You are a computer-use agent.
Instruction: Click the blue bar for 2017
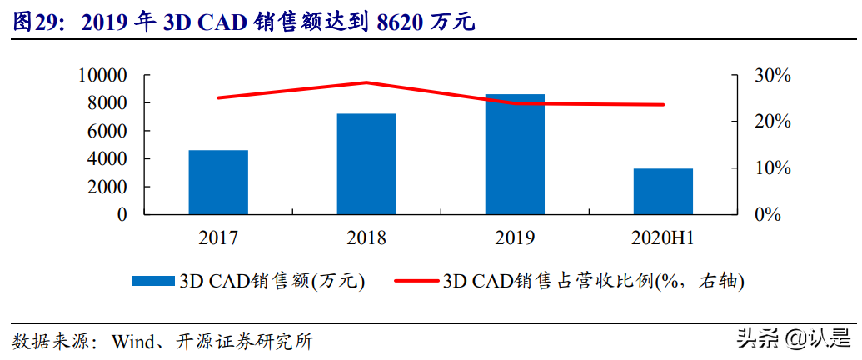click(x=218, y=182)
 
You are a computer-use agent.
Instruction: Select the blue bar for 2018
click(x=366, y=163)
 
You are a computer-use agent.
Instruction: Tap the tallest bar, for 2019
click(x=515, y=154)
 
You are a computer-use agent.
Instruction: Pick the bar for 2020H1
click(x=663, y=191)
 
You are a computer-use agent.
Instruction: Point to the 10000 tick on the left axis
click(x=102, y=76)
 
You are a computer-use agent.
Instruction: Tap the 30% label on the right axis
click(x=772, y=76)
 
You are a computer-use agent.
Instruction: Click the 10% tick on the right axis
click(x=772, y=168)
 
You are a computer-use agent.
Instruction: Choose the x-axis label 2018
click(x=366, y=238)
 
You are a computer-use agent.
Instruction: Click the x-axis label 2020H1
click(x=663, y=238)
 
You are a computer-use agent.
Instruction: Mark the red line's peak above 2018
click(x=366, y=82)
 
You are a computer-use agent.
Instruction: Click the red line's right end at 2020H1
click(x=664, y=105)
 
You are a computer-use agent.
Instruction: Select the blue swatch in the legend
click(x=154, y=281)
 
